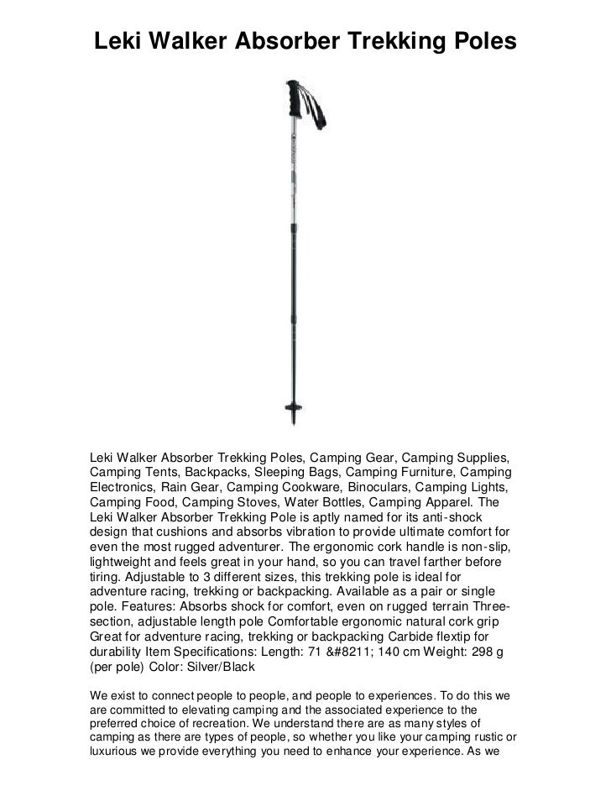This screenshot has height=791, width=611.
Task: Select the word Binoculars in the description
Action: pos(386,487)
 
